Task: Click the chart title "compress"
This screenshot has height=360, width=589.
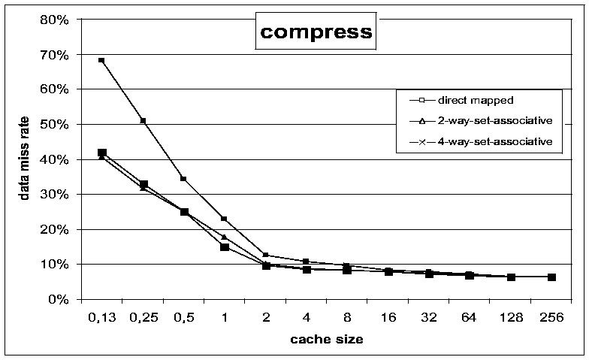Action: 316,33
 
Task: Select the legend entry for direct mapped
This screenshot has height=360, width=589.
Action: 461,101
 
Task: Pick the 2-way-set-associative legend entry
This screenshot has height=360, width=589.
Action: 481,121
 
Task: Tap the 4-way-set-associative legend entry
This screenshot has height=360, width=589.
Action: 481,141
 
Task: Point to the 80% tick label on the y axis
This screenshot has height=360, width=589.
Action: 55,20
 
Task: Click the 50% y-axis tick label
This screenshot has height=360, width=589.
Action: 55,125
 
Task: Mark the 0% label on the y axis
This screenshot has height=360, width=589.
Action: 59,299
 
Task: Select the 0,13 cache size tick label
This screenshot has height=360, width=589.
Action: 102,317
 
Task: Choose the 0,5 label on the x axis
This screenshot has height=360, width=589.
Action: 183,317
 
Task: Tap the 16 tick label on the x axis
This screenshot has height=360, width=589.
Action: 388,317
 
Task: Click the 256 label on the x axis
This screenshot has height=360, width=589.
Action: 551,317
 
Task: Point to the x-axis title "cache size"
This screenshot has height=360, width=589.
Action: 326,340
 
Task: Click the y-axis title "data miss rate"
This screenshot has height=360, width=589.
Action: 24,158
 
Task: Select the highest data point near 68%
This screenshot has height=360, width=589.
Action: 101,60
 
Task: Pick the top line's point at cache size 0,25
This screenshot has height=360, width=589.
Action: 143,120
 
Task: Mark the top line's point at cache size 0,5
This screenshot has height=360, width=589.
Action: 183,179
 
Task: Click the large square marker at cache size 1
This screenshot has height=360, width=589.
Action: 225,247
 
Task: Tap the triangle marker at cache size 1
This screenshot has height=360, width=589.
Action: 224,237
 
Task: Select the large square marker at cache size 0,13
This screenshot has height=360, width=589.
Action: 102,153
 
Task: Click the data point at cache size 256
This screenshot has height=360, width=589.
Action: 551,277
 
